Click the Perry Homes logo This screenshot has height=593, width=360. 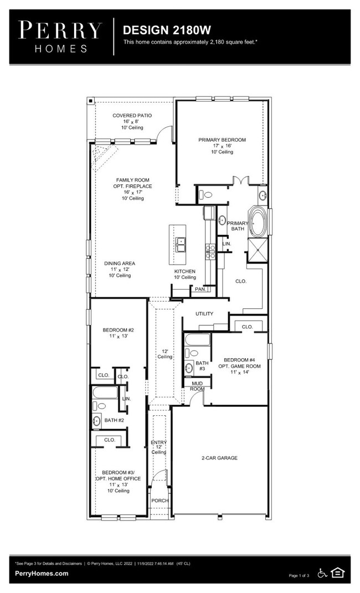pos(60,37)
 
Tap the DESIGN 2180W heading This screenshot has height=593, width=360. pos(167,30)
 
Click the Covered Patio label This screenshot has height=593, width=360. pos(132,115)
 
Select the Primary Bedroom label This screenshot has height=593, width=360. pos(222,140)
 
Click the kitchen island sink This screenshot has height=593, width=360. pos(181,244)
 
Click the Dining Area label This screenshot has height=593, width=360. pos(120,263)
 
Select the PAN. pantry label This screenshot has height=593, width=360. pos(200,290)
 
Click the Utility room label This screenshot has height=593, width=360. pos(204,313)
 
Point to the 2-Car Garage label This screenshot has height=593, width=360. pos(219,458)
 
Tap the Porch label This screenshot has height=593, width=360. pos(160,501)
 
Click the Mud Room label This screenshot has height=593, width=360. pos(197,386)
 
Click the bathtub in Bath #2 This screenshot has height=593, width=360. pos(105,393)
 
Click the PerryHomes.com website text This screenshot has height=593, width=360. pos(42,573)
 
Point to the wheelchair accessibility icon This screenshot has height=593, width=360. pos(322,573)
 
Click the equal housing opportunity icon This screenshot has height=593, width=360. pos(337,573)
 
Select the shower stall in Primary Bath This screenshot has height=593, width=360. pos(258,250)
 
